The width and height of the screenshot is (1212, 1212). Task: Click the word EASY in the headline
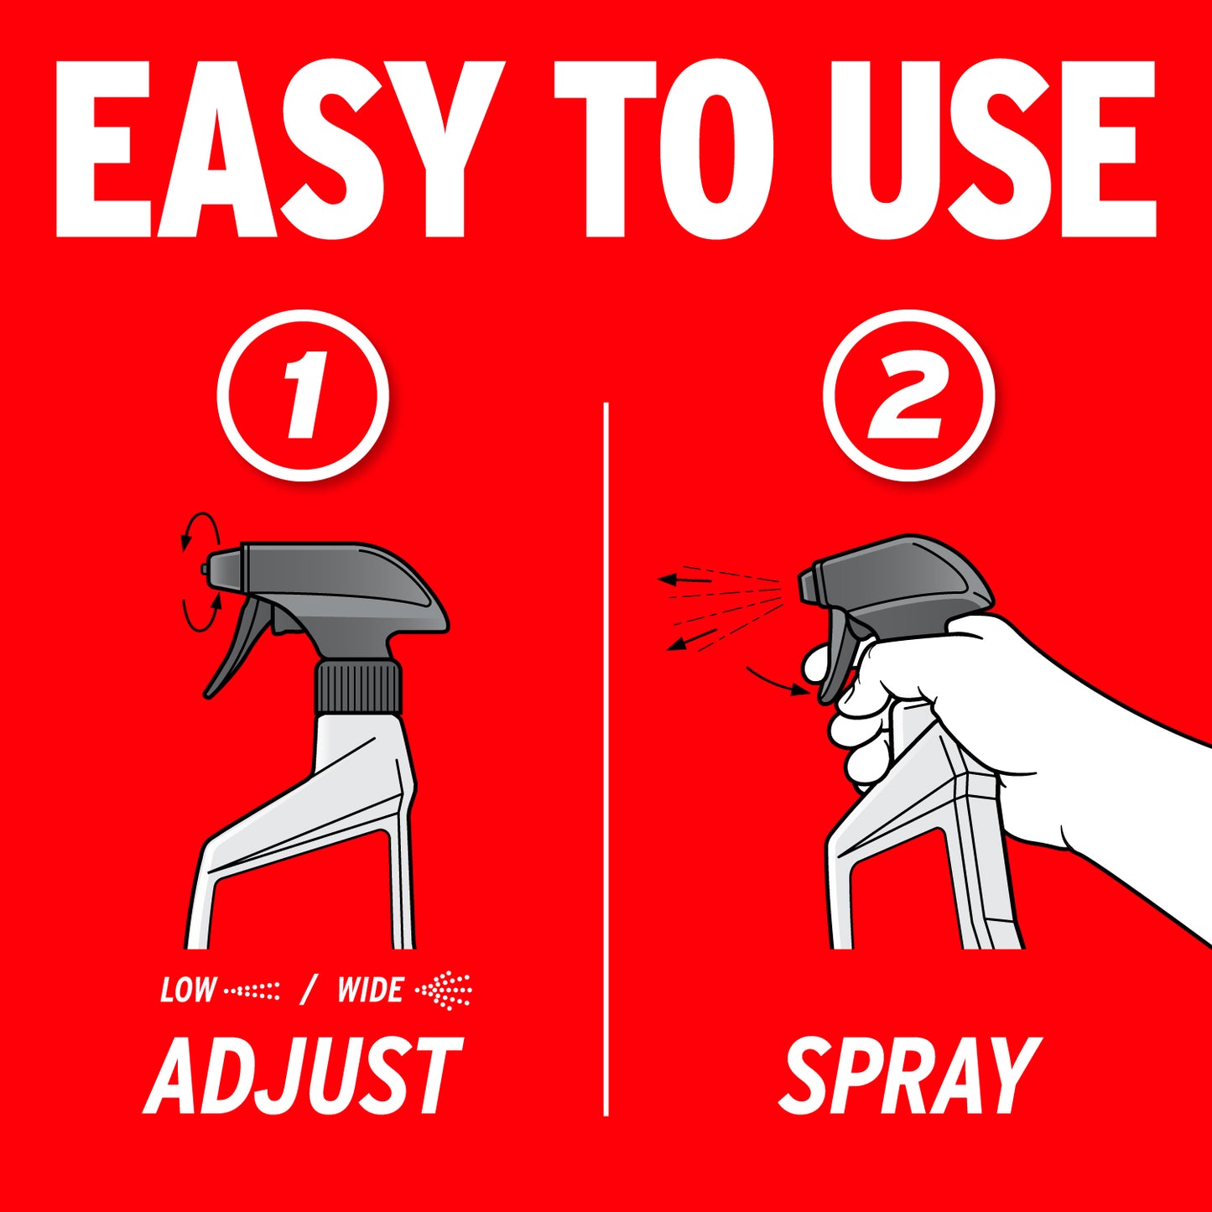(279, 149)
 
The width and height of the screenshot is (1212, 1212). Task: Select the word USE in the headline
(993, 149)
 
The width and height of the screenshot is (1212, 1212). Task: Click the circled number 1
(303, 395)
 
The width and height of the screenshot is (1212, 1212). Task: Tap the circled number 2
(908, 395)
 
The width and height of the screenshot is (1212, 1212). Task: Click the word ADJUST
(304, 1075)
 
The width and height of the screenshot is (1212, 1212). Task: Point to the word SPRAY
(909, 1075)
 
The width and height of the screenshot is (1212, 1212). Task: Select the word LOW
(188, 990)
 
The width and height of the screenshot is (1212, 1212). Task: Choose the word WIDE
(370, 990)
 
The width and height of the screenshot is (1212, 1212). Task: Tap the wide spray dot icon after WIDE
(444, 991)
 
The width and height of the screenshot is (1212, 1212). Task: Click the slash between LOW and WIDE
(308, 990)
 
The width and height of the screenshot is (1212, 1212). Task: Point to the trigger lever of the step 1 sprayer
(236, 648)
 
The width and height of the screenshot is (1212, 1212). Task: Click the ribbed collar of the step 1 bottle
(358, 685)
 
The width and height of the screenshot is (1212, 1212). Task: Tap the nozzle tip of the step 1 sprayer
(205, 570)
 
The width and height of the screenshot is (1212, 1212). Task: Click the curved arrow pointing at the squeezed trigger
(775, 682)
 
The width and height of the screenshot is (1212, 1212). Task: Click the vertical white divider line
(606, 759)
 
